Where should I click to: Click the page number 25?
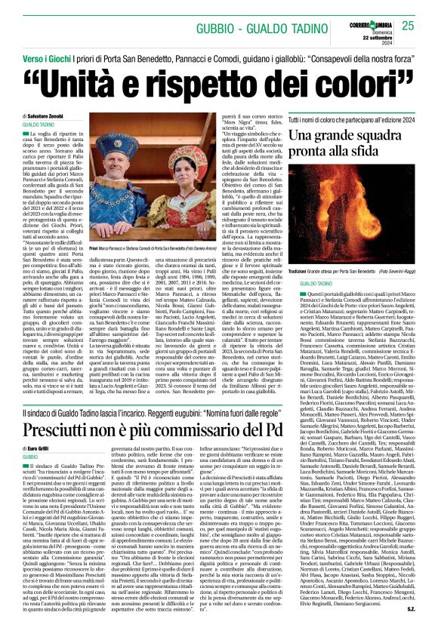coord(408,26)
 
